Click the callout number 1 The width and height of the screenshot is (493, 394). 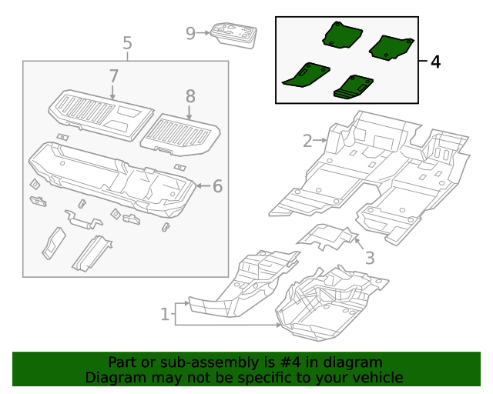[164, 313]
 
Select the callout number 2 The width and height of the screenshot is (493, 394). [307, 141]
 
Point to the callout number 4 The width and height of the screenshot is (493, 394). [435, 62]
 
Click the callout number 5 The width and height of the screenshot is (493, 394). [127, 43]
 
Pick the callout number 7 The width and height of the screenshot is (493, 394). [113, 76]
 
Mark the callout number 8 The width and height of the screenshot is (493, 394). [190, 96]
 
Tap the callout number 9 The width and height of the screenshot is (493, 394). [191, 32]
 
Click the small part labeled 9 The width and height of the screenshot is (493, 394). [234, 35]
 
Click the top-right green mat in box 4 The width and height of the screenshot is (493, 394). [392, 48]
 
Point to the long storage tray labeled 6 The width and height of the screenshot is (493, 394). [108, 177]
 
